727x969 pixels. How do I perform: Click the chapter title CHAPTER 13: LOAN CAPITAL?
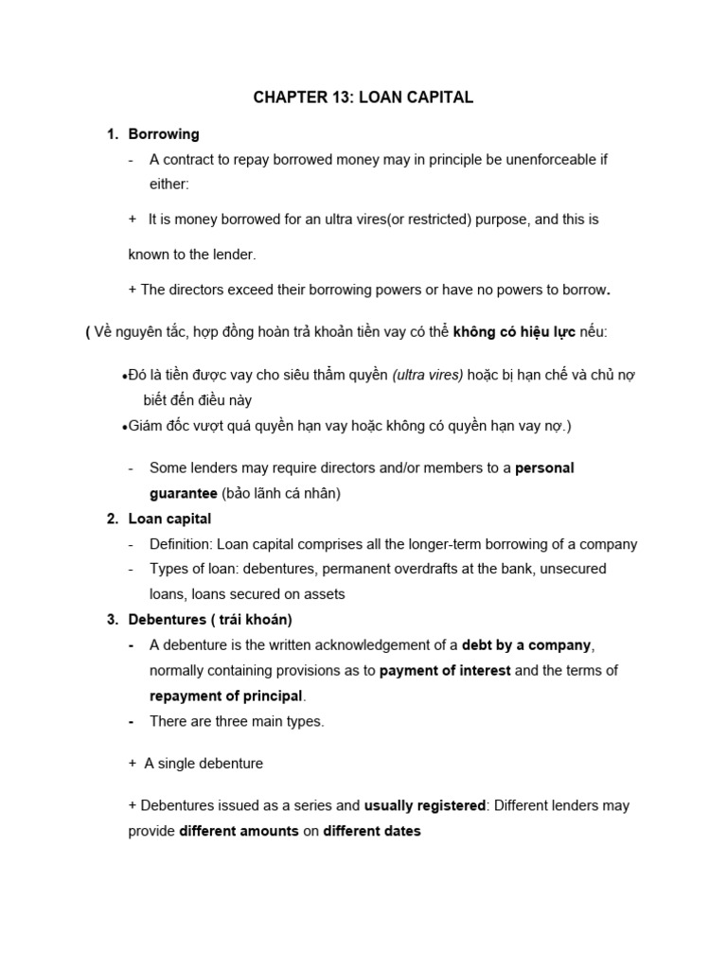coord(363,97)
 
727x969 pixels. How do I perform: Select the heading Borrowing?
coord(164,134)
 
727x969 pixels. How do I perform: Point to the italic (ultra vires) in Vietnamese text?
coord(428,376)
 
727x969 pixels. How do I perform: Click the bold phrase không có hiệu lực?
coord(514,332)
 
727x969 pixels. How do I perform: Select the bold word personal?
coord(544,468)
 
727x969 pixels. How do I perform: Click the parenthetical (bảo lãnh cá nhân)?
coord(280,494)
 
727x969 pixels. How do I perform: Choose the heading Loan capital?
coord(169,519)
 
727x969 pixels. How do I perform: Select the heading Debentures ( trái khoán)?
coord(210,620)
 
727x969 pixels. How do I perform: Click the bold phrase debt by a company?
coord(526,645)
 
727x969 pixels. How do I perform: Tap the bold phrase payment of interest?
coord(445,671)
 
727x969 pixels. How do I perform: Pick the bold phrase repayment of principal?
coord(226,696)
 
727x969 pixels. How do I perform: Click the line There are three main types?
coord(237,721)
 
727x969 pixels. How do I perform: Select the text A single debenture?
coord(204,764)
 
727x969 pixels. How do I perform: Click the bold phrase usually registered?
coord(424,806)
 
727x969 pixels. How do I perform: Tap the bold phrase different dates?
coord(372,832)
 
